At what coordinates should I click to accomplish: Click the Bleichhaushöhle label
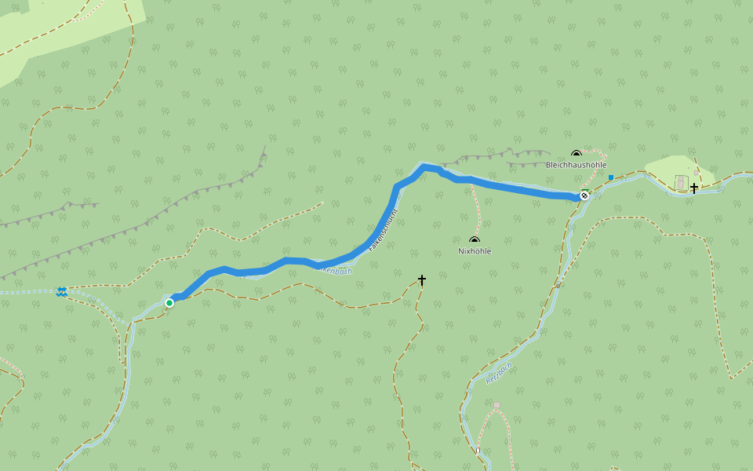click(x=576, y=165)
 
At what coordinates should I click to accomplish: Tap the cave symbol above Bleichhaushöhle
click(x=577, y=154)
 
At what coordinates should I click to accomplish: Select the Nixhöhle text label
click(x=475, y=251)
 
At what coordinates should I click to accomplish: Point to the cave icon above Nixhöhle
click(x=474, y=240)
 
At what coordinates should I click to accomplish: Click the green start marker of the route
click(x=169, y=302)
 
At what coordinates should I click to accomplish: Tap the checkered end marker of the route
click(x=584, y=195)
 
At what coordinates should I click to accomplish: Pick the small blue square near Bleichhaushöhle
click(x=610, y=177)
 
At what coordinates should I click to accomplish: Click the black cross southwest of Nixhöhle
click(x=422, y=279)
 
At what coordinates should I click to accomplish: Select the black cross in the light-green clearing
click(x=694, y=188)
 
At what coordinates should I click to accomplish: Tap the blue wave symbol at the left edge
click(x=62, y=292)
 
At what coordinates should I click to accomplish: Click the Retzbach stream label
click(x=499, y=372)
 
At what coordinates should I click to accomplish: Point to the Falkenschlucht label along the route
click(x=384, y=229)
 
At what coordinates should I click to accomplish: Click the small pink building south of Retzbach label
click(x=497, y=405)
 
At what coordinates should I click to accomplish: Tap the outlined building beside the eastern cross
click(x=680, y=183)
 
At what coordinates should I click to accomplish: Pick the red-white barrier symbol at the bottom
click(x=477, y=451)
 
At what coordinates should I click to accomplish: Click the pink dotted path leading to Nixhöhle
click(x=478, y=208)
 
